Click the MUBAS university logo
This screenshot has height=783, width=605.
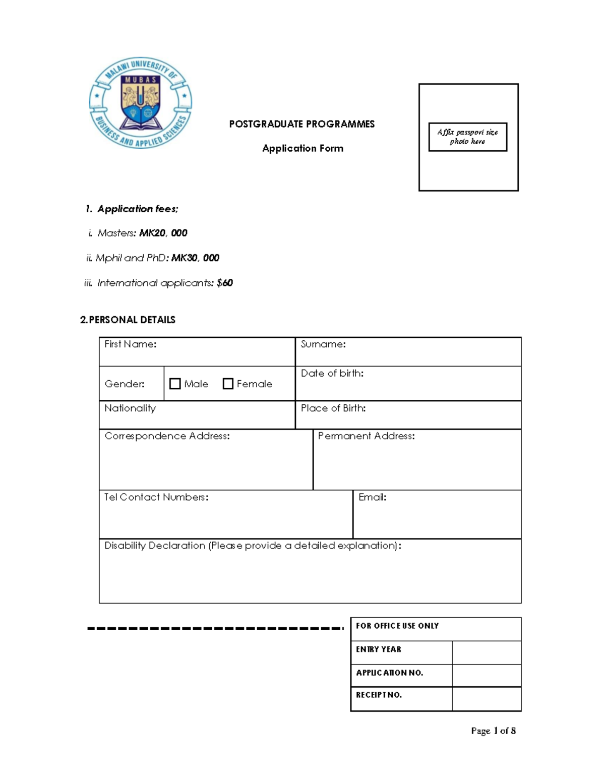(x=140, y=103)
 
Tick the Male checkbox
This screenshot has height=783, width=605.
(x=175, y=384)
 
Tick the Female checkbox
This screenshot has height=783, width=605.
(x=228, y=384)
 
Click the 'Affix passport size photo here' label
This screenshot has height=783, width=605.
(x=467, y=137)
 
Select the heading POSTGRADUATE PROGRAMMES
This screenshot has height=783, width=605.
(x=301, y=124)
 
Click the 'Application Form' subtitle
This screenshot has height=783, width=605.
(x=302, y=148)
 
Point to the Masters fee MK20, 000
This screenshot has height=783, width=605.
(x=163, y=233)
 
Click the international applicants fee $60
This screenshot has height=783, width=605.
(x=224, y=283)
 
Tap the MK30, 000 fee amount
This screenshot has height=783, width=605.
(x=195, y=258)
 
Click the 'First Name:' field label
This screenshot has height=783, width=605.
(x=130, y=344)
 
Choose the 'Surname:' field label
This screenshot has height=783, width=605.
(x=323, y=344)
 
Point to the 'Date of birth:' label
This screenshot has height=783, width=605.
(x=332, y=374)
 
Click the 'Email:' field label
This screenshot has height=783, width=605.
(x=372, y=497)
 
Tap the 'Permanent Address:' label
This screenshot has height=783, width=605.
(x=366, y=436)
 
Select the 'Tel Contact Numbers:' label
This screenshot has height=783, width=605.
(x=156, y=497)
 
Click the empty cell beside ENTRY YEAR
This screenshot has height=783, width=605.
(x=487, y=652)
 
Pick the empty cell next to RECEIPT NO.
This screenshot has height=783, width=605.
(x=487, y=699)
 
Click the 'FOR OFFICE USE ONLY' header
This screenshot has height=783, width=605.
(x=397, y=626)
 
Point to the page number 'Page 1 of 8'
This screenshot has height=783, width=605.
(x=493, y=731)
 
